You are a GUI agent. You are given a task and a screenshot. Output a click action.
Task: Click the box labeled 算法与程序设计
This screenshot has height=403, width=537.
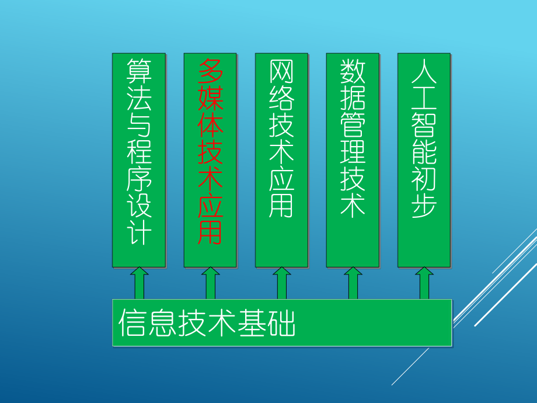click(x=138, y=160)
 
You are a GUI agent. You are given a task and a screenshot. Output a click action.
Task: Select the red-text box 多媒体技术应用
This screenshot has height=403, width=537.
click(x=210, y=160)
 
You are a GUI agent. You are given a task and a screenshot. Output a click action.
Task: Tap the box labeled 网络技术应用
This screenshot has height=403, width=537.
click(x=281, y=160)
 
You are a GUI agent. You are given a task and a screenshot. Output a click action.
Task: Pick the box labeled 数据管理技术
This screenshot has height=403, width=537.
click(x=353, y=160)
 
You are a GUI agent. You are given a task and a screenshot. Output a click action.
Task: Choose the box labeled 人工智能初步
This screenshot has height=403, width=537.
click(x=424, y=160)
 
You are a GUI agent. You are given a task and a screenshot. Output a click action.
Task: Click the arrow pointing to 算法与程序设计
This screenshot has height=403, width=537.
click(x=139, y=283)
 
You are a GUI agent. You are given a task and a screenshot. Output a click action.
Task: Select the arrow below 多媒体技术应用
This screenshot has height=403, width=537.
click(x=210, y=283)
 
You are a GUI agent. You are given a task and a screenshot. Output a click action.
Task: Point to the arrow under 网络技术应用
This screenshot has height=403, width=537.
click(x=281, y=283)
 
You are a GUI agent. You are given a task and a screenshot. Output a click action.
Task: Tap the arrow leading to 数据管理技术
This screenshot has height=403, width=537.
click(x=353, y=283)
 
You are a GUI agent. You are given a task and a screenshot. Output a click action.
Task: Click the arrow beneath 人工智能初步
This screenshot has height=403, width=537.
click(x=424, y=283)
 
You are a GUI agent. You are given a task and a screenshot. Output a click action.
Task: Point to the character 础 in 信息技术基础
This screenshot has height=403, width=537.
click(x=282, y=323)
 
